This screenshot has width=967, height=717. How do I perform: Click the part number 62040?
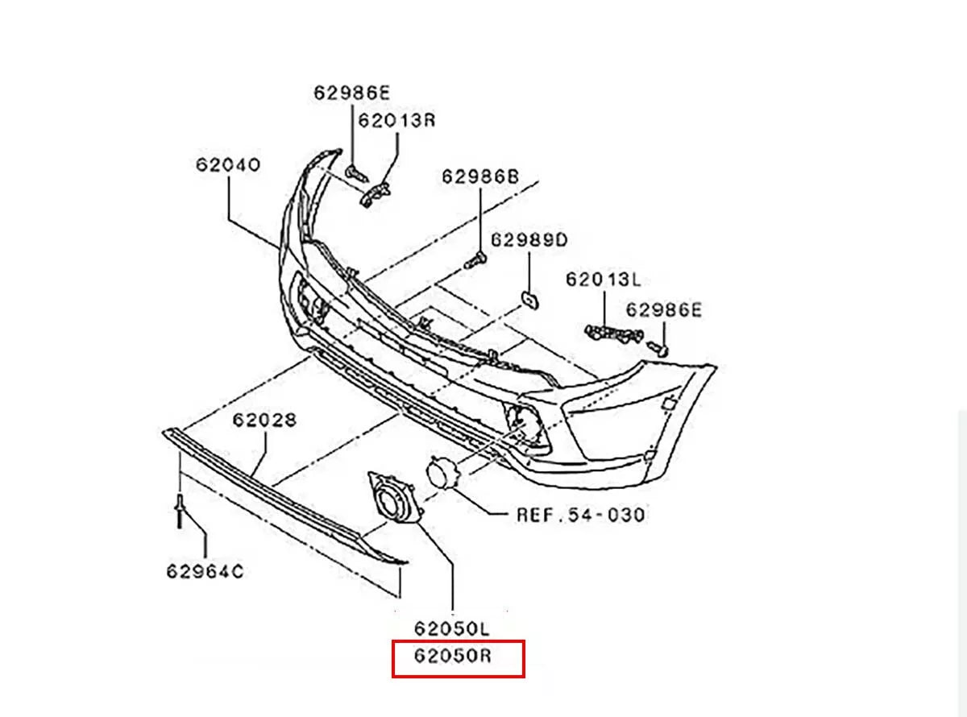click(227, 165)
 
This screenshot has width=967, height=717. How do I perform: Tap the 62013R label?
click(396, 120)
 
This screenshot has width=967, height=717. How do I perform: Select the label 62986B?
click(480, 176)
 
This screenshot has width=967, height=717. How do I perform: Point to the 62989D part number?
click(529, 240)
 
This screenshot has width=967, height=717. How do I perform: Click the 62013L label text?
click(604, 280)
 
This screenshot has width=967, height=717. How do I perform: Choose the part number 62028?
click(264, 420)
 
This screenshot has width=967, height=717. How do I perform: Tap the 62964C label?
click(205, 571)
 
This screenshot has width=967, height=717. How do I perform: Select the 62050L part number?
click(452, 628)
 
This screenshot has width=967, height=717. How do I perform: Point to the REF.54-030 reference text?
click(581, 515)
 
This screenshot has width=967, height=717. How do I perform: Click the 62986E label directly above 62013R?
click(352, 93)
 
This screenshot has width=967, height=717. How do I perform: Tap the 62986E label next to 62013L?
click(664, 310)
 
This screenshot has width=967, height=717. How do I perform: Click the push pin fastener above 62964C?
click(180, 511)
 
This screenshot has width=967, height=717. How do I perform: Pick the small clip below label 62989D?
click(529, 300)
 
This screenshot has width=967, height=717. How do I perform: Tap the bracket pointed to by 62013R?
click(374, 194)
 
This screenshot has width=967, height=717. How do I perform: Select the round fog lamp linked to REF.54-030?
click(443, 472)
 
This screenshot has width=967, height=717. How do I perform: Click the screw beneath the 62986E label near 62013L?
click(658, 349)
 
